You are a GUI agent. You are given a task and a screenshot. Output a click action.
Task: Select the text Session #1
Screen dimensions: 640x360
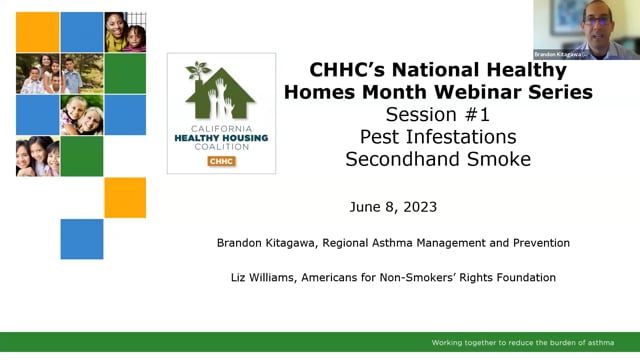(438, 114)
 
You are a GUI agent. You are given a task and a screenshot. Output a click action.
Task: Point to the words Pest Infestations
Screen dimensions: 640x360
(438, 137)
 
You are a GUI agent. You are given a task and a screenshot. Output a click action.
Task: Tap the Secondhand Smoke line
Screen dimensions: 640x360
(438, 159)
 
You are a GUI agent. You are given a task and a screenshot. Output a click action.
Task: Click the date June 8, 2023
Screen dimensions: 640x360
(393, 207)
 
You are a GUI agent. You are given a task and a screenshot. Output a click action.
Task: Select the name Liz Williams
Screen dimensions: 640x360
(264, 278)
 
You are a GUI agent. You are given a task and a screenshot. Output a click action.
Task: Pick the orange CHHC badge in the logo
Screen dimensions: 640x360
(221, 161)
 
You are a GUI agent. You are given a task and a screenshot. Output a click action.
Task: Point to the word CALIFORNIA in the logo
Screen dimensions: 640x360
(221, 129)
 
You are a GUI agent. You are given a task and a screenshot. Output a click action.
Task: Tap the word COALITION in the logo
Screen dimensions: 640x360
(221, 147)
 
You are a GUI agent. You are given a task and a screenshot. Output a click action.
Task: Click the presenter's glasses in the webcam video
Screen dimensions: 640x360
(597, 21)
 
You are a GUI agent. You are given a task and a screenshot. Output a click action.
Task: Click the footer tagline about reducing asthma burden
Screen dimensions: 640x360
(523, 342)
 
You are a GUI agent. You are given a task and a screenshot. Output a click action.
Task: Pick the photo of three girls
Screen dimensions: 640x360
(38, 156)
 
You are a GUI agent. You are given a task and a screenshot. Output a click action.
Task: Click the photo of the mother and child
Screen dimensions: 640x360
(125, 32)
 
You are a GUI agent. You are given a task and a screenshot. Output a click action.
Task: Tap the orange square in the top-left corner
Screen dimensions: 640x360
(38, 32)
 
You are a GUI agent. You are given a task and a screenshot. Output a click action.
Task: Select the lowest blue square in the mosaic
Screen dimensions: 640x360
(82, 239)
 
